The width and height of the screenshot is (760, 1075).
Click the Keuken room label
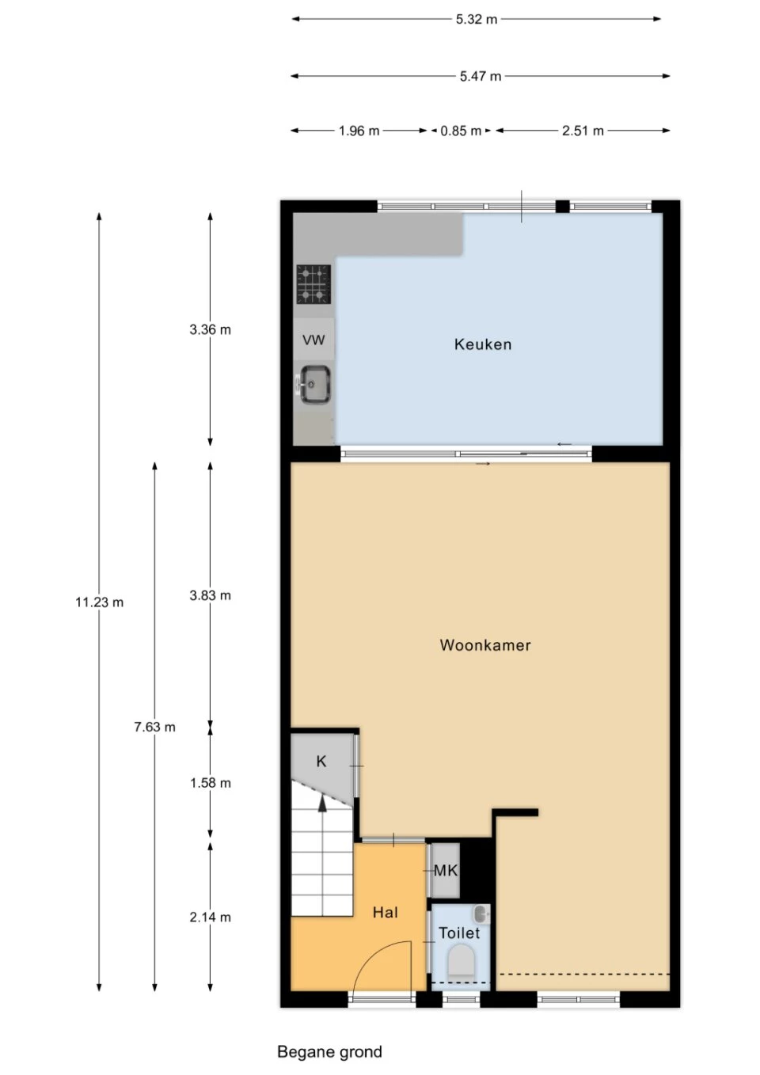coord(483,344)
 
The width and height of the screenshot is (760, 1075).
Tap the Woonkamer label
coord(485,644)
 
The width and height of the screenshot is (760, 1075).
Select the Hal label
coord(386,912)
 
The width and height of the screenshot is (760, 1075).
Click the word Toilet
coord(459,933)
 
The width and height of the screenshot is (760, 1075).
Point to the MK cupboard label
coord(446,870)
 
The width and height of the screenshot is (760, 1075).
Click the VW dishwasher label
coord(313,340)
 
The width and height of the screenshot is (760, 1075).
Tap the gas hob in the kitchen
coord(313,284)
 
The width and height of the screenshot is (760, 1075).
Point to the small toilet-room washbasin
coord(481,914)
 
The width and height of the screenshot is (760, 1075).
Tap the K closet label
coord(321,761)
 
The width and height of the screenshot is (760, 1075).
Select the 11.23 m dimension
coord(99,602)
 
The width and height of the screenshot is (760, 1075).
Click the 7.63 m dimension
coord(154,727)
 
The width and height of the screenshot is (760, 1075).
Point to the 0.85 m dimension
coord(461,131)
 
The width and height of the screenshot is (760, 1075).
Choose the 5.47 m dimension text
coord(481,76)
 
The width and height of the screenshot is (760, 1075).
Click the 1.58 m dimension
coord(210,783)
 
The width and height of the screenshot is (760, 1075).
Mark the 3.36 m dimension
coord(210,329)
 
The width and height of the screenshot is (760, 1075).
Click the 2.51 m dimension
coord(583,131)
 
